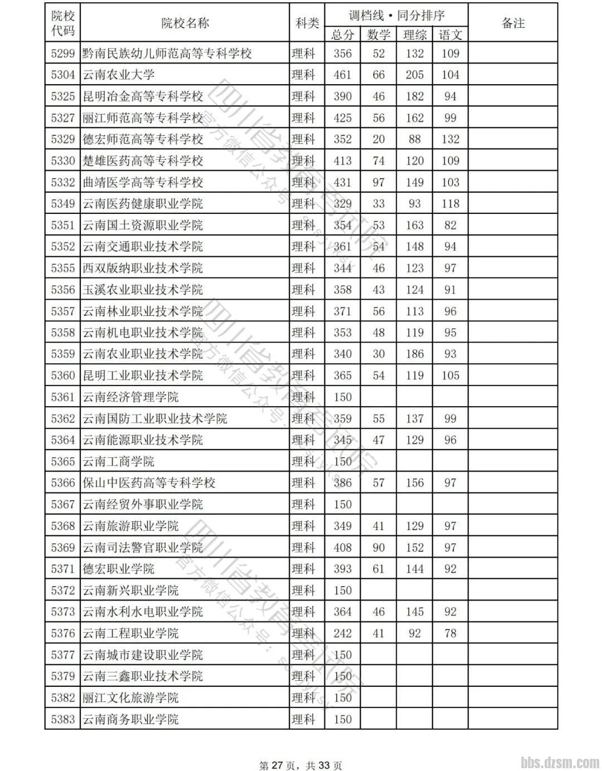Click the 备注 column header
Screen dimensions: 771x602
(x=513, y=23)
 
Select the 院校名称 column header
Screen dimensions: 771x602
(x=185, y=23)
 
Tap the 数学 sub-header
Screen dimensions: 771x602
(x=378, y=35)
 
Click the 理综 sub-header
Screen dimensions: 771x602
(x=415, y=35)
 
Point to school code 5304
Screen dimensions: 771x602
(x=62, y=75)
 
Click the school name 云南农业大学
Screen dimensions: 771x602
(x=119, y=75)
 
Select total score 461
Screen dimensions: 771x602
(x=342, y=75)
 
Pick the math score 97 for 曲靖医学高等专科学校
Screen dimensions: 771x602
(x=378, y=182)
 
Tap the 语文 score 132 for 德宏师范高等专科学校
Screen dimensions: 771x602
(x=450, y=139)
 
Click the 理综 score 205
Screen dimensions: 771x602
(x=415, y=75)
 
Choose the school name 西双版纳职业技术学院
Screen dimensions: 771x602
(x=143, y=268)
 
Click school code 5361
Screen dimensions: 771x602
(x=62, y=397)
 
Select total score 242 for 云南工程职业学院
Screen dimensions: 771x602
(x=342, y=633)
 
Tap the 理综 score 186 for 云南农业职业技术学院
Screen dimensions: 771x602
(x=415, y=354)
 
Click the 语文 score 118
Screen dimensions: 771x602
(x=450, y=203)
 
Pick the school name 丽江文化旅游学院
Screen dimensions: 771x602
(x=130, y=697)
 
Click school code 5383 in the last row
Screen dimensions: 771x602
(x=62, y=719)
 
